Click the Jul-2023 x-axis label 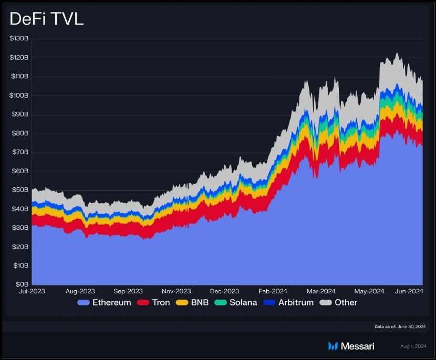(x=32, y=291)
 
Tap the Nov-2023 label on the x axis (x=176, y=291)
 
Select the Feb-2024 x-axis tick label (x=273, y=291)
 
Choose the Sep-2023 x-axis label (x=128, y=291)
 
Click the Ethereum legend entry (x=104, y=303)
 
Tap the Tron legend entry (x=153, y=303)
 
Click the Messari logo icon (x=333, y=346)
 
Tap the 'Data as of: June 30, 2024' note (x=400, y=326)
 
